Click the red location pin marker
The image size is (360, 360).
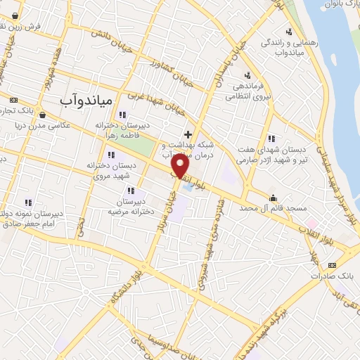tap(181, 167)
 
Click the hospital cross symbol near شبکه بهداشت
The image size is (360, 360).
tap(187, 134)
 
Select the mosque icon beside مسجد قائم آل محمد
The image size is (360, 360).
tap(273, 197)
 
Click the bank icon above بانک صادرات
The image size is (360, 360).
tap(333, 264)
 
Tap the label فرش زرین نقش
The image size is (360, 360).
tap(21, 25)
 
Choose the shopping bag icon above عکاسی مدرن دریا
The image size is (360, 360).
tap(43, 115)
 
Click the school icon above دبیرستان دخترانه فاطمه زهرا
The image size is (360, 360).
tap(123, 115)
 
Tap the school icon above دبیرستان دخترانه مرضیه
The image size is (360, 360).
tap(131, 191)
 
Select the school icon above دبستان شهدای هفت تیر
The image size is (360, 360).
tap(272, 138)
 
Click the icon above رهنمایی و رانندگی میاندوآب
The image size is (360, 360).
tap(288, 31)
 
